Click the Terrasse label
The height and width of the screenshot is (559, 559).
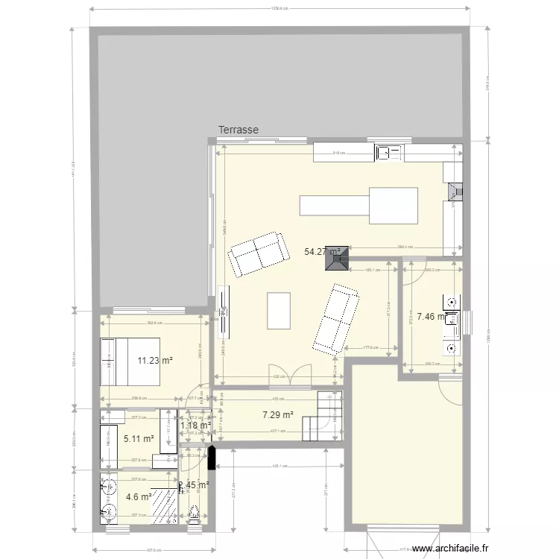(x=239, y=130)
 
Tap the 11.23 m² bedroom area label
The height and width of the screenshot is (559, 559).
(x=155, y=361)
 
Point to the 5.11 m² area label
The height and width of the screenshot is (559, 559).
(x=139, y=439)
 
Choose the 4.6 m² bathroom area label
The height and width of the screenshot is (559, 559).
(x=139, y=496)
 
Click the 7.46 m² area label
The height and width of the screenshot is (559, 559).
(x=431, y=316)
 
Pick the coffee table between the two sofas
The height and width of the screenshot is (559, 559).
(x=279, y=311)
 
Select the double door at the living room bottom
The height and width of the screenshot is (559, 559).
(x=290, y=376)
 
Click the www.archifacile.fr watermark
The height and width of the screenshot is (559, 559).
(x=446, y=549)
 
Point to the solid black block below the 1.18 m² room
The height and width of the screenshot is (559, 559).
(x=213, y=457)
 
